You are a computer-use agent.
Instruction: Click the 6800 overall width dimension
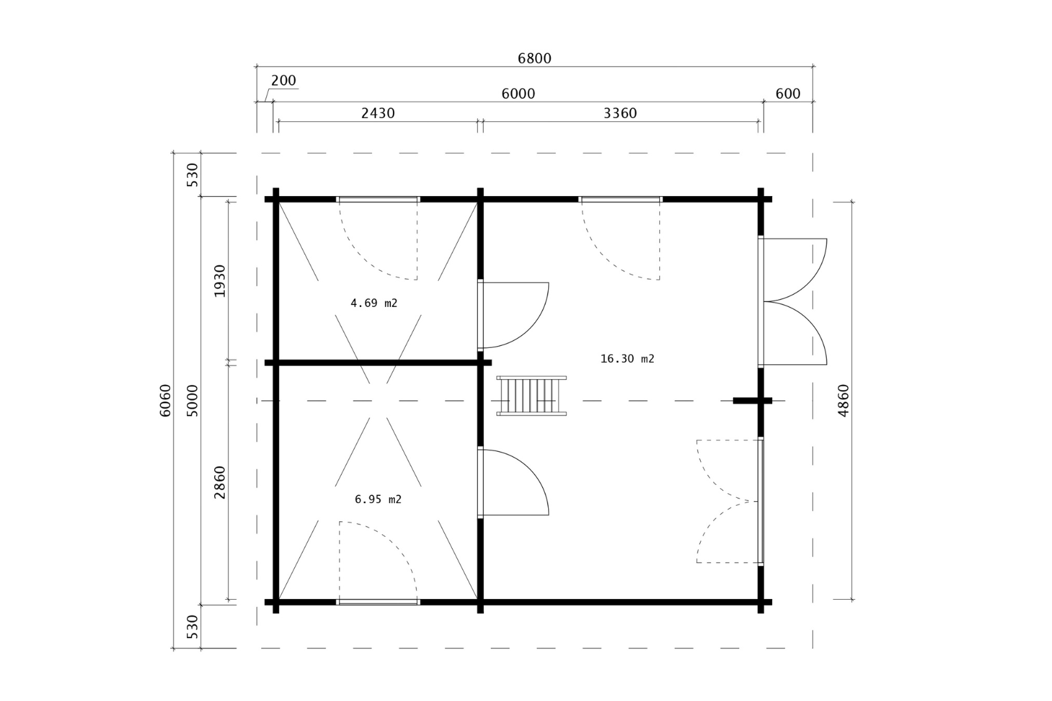click(534, 58)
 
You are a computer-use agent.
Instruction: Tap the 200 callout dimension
click(283, 80)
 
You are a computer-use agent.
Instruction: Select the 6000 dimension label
click(518, 94)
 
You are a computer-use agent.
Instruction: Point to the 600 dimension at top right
click(788, 94)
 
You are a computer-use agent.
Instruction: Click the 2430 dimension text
click(377, 114)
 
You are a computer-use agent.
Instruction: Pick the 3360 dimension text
click(620, 114)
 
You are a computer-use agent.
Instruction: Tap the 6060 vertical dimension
click(165, 400)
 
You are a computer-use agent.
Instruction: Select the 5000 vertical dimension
click(192, 400)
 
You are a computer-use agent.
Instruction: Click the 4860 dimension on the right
click(843, 400)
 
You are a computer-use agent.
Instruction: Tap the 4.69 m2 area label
click(373, 303)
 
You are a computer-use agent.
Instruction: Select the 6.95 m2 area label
click(377, 500)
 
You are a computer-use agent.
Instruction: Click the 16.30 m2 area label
click(627, 359)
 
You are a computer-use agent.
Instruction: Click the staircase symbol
click(531, 396)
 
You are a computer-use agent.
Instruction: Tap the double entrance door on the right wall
click(794, 301)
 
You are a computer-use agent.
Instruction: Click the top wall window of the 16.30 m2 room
click(620, 199)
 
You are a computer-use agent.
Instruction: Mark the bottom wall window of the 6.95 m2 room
click(377, 602)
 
